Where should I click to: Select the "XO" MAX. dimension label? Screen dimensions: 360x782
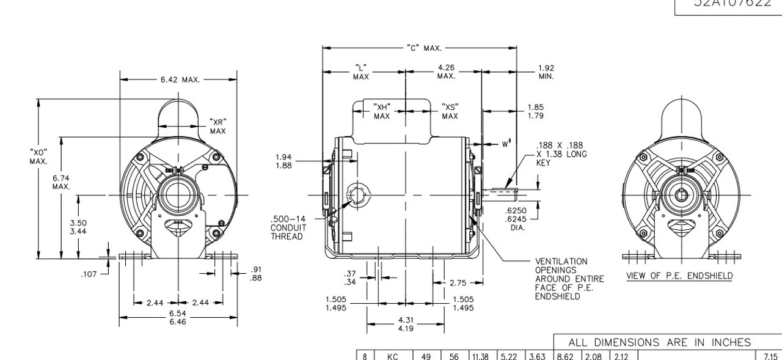click(38, 156)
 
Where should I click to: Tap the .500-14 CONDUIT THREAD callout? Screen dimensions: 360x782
click(288, 227)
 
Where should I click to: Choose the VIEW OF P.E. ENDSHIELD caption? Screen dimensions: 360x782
click(679, 276)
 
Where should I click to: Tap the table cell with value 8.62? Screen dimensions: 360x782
click(564, 354)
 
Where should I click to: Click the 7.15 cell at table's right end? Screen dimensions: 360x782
click(769, 354)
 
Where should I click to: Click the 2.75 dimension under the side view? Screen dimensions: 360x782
click(458, 282)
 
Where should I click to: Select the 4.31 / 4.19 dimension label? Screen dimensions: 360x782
click(406, 323)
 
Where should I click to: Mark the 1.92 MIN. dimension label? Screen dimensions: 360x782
click(546, 72)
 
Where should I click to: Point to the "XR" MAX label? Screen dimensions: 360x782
click(218, 126)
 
